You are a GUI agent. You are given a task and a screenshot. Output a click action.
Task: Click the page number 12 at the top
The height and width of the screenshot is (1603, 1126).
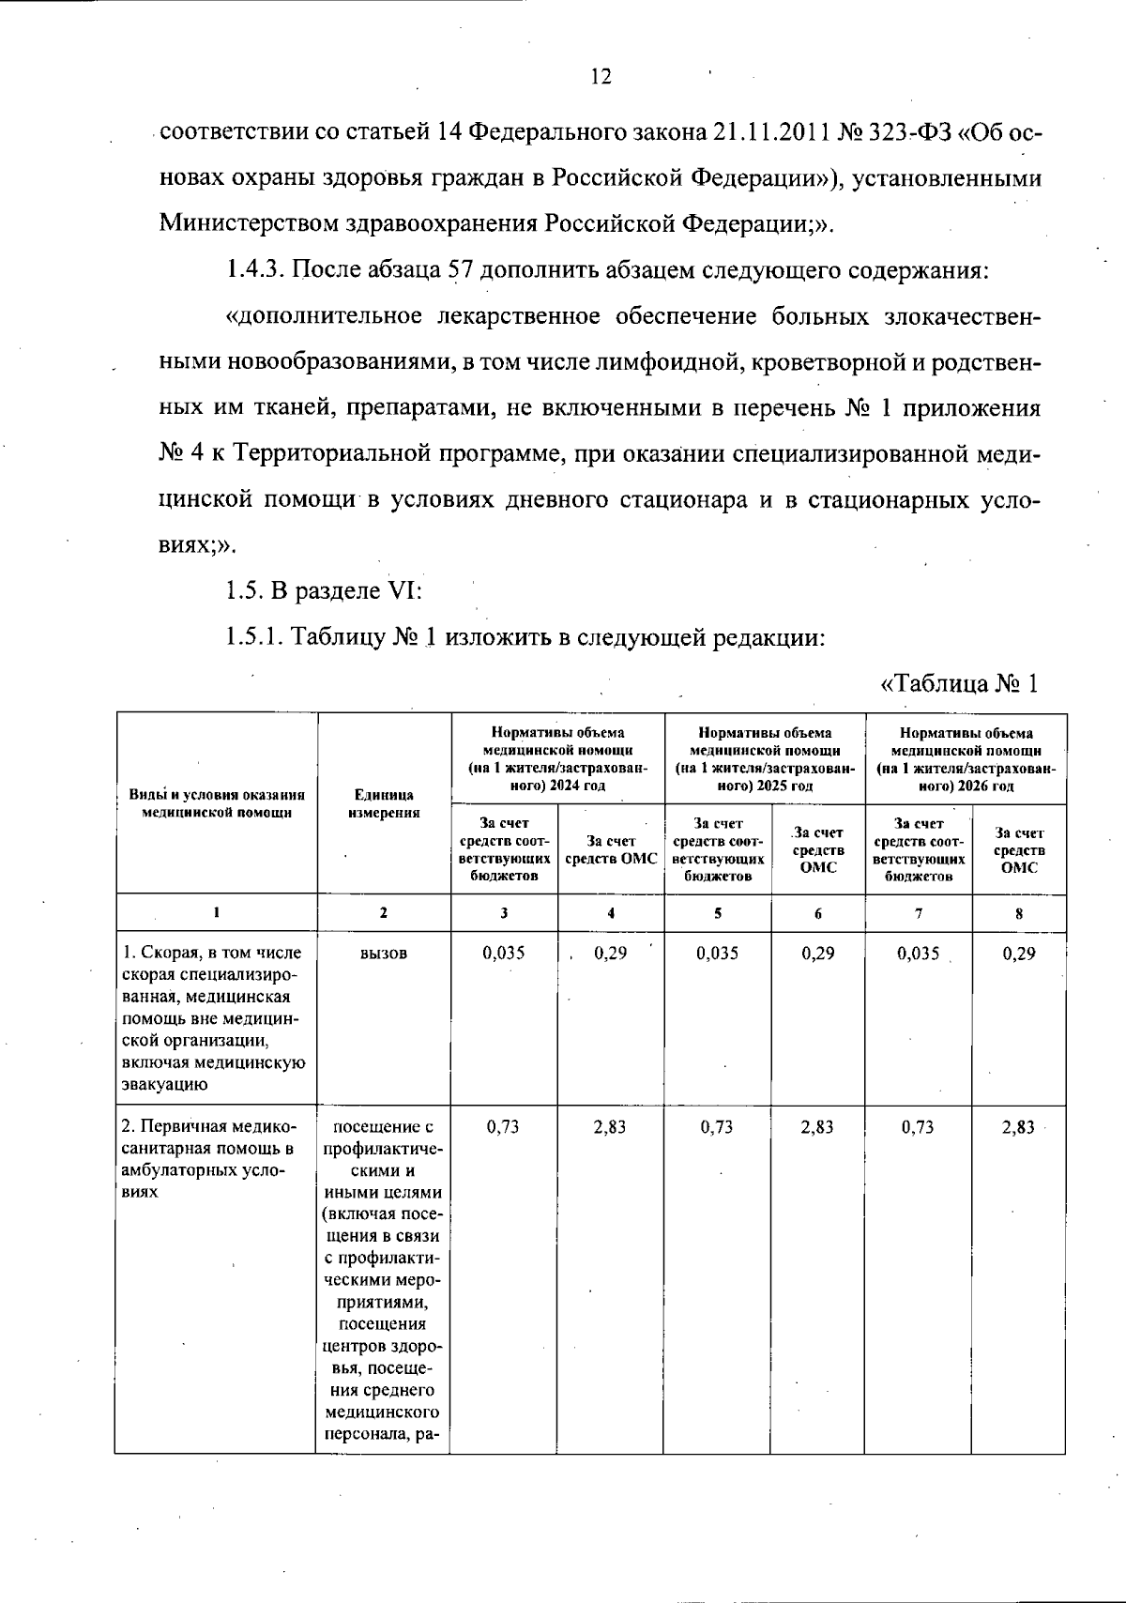tap(601, 77)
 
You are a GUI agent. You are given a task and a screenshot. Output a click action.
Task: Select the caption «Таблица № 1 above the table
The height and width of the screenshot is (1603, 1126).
tap(959, 683)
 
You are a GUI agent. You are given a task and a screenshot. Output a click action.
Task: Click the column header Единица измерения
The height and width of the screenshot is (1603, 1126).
tap(383, 803)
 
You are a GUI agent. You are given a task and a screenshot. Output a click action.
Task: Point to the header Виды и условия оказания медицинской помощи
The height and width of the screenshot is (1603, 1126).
tap(217, 803)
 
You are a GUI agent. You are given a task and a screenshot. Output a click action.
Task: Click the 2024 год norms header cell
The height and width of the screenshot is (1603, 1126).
tap(557, 758)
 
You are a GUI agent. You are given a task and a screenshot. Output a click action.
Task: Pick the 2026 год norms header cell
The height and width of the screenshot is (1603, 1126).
tap(966, 758)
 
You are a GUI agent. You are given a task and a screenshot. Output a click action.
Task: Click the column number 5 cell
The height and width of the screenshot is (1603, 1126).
tap(717, 912)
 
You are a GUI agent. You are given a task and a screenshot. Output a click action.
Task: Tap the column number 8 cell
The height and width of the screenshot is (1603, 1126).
tap(1019, 912)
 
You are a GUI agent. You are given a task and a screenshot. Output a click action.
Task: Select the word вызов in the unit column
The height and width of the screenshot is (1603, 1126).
tap(383, 954)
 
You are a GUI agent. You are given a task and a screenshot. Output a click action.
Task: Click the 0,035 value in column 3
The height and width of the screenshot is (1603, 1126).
tap(504, 954)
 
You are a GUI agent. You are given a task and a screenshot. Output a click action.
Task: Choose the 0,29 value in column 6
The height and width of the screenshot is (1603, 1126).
tap(817, 954)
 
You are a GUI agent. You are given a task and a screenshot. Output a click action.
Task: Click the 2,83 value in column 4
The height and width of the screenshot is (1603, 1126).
tap(610, 1127)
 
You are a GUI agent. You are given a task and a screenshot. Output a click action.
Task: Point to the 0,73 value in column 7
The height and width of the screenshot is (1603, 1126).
tap(918, 1127)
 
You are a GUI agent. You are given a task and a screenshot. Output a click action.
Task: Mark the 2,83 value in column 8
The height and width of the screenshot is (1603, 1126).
tap(1018, 1127)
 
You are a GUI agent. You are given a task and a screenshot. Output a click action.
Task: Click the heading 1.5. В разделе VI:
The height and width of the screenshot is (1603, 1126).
tap(324, 591)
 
